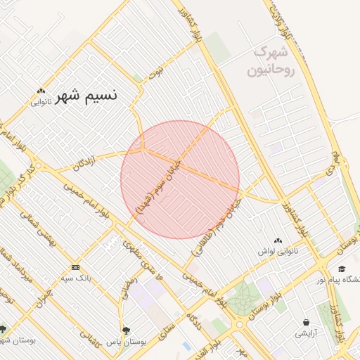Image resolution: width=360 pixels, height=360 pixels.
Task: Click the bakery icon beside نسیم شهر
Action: pyautogui.click(x=41, y=91)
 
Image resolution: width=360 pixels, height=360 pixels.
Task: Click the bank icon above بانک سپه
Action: pyautogui.click(x=75, y=267)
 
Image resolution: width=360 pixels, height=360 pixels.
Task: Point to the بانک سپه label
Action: pyautogui.click(x=76, y=277)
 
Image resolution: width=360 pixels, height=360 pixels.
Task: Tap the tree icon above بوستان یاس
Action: pyautogui.click(x=126, y=330)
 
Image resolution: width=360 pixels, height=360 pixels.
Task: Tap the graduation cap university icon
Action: pyautogui.click(x=342, y=269)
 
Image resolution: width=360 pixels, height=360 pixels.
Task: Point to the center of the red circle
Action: pyautogui.click(x=180, y=179)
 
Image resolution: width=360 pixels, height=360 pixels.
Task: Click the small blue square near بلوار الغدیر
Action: pyautogui.click(x=186, y=346)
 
